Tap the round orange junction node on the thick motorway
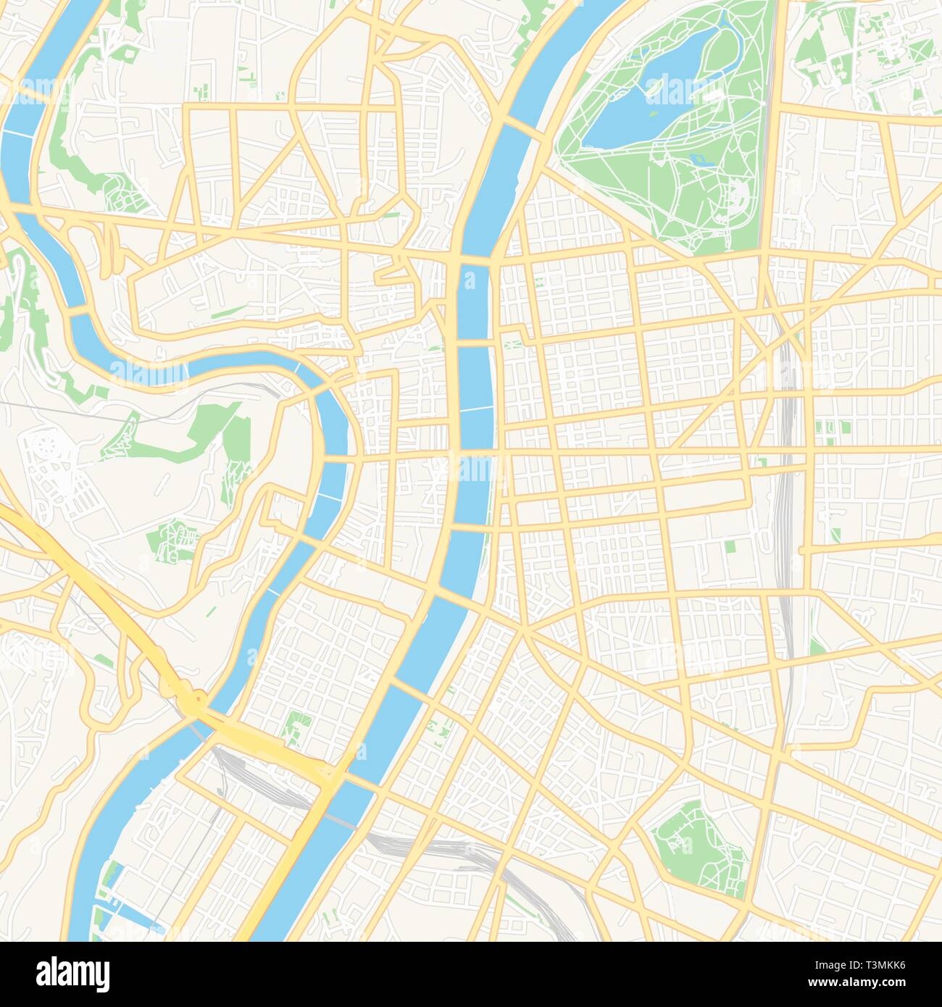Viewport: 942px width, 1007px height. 194,701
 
